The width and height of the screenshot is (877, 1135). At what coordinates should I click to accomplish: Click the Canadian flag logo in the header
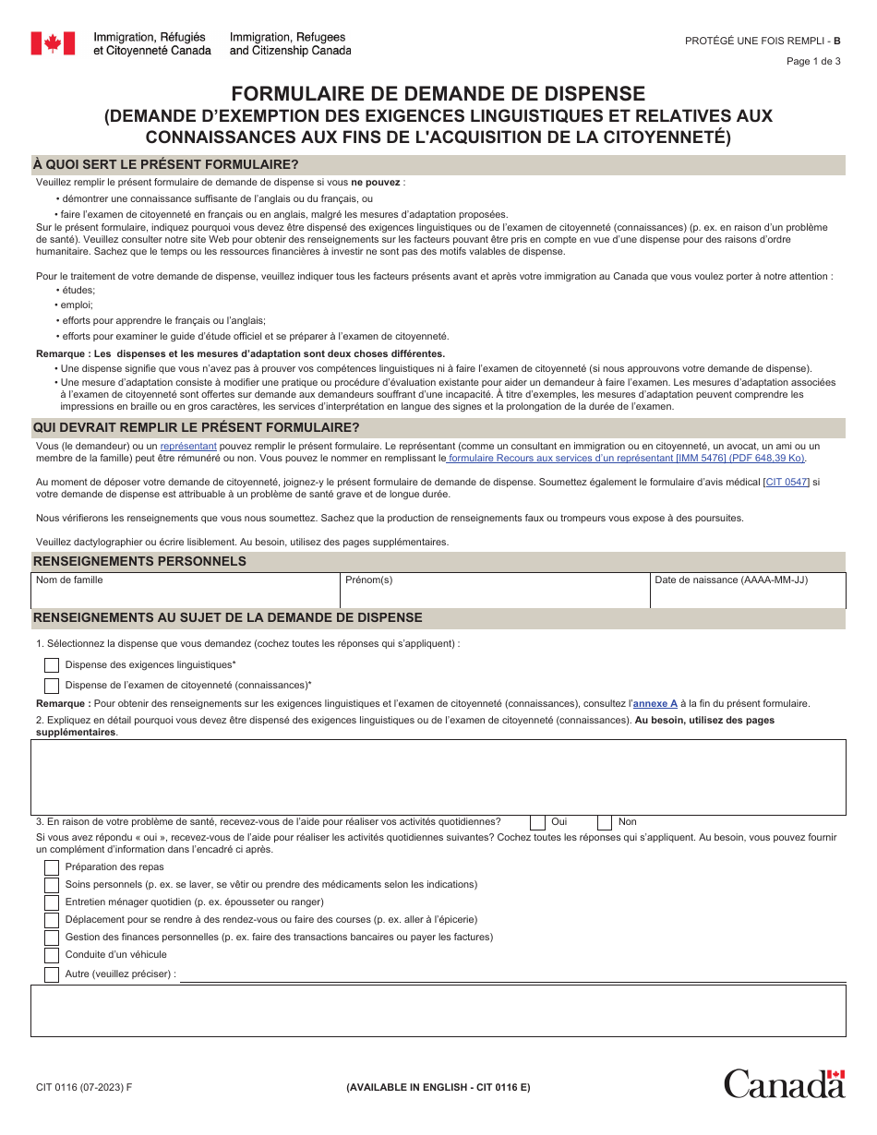pyautogui.click(x=53, y=43)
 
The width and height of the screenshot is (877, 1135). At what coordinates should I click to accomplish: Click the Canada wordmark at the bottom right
pyautogui.click(x=784, y=1083)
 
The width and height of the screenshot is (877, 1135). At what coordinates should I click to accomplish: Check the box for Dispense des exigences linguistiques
pyautogui.click(x=52, y=665)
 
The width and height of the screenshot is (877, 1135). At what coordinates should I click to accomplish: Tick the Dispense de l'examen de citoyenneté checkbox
pyautogui.click(x=52, y=686)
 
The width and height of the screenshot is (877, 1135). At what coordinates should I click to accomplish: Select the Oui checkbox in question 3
pyautogui.click(x=537, y=822)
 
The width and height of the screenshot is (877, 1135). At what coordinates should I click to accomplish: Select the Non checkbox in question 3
pyautogui.click(x=605, y=822)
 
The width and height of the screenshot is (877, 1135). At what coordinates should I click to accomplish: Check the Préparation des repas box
pyautogui.click(x=52, y=867)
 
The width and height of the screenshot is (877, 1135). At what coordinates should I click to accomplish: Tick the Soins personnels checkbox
pyautogui.click(x=52, y=885)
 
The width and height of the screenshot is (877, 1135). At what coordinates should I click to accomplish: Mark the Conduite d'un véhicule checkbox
pyautogui.click(x=52, y=955)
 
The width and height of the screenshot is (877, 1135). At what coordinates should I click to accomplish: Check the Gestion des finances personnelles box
pyautogui.click(x=52, y=938)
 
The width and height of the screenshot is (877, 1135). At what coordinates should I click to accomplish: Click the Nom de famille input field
pyautogui.click(x=185, y=596)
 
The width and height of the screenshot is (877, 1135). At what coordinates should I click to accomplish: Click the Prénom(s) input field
pyautogui.click(x=494, y=596)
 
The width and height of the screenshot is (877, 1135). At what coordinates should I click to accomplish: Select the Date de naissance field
pyautogui.click(x=748, y=596)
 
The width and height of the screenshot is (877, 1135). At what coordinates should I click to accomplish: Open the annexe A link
pyautogui.click(x=655, y=703)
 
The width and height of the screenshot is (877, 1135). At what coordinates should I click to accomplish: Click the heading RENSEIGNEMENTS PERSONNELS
pyautogui.click(x=139, y=561)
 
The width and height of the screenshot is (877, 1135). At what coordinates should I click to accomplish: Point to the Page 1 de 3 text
pyautogui.click(x=813, y=62)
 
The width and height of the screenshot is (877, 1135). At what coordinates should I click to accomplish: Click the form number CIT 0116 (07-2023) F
pyautogui.click(x=83, y=1087)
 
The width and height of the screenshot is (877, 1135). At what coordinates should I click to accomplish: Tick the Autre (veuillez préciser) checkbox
pyautogui.click(x=52, y=974)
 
